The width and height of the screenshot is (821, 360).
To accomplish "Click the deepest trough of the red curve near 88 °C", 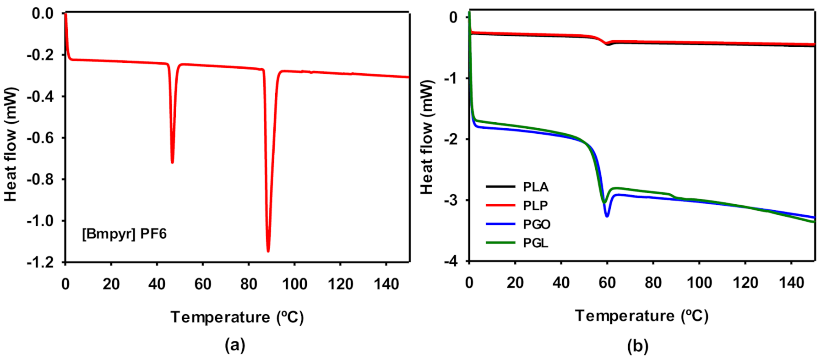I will (x=268, y=250).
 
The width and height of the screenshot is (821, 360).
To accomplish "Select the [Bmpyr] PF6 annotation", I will (x=124, y=234).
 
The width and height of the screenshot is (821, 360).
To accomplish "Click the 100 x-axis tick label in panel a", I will (x=294, y=284).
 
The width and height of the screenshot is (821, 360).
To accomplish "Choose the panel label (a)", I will (x=235, y=345).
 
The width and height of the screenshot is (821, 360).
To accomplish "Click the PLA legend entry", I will (x=535, y=187).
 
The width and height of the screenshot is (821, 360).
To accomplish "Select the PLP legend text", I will (x=535, y=206).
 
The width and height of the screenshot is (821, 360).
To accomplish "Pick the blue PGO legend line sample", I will (x=500, y=224).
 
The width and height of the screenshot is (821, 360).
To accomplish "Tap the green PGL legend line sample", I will (x=500, y=243).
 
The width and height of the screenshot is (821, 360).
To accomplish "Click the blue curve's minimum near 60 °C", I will (x=607, y=215).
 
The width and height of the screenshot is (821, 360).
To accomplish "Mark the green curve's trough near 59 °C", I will (x=604, y=202).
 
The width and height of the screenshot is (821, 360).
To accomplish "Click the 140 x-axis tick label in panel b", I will (x=791, y=283).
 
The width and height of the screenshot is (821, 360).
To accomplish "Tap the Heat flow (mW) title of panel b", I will (x=427, y=137).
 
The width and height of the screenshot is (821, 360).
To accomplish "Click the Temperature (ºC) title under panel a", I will (x=237, y=317).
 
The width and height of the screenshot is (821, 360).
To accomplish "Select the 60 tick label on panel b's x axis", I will (x=607, y=283).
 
